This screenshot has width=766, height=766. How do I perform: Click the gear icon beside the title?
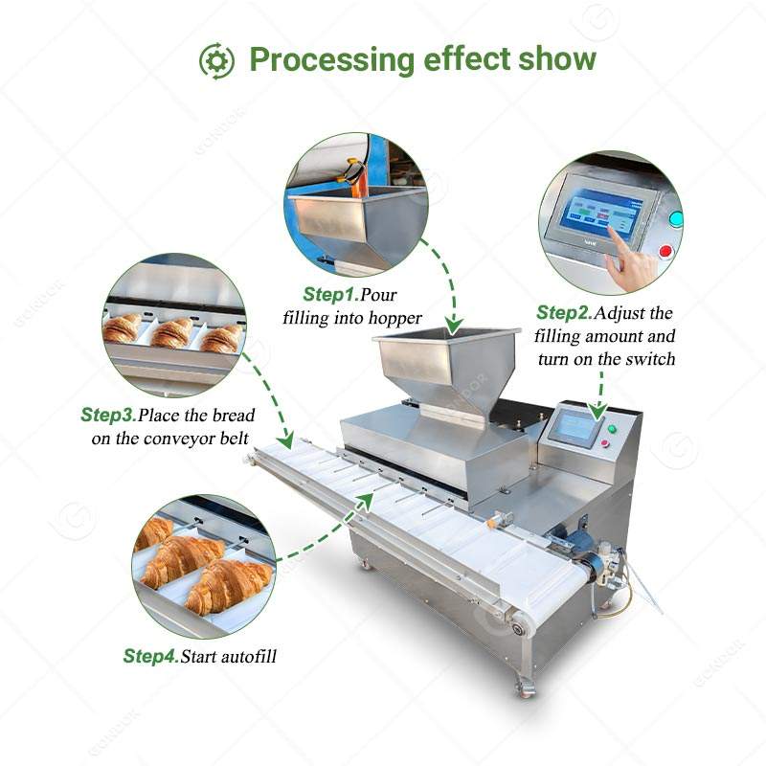pos(216,61)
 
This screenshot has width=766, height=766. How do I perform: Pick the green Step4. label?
pos(149,657)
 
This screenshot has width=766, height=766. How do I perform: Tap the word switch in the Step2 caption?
pos(651,360)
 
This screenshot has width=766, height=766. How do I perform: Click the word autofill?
pos(243,657)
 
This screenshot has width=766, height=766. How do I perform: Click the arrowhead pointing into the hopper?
pos(456,325)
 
